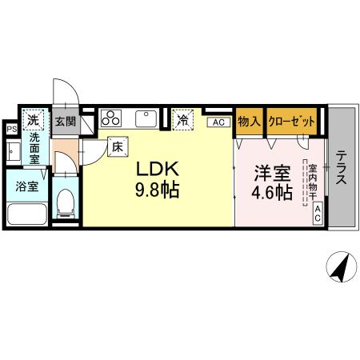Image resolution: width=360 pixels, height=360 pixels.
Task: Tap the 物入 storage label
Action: coord(249,121)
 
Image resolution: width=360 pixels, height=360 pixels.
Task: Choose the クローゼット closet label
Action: coord(290,121)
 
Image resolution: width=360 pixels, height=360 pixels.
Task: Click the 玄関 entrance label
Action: coord(65,122)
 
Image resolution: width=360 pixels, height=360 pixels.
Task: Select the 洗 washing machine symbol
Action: coord(33,120)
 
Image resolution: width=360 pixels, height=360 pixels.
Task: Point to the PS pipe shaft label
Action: coord(11,128)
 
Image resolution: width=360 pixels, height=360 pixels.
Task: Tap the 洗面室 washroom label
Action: coord(35,148)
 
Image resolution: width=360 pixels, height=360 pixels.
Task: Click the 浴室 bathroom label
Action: coord(26,187)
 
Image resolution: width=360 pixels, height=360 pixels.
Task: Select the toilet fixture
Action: coord(66,203)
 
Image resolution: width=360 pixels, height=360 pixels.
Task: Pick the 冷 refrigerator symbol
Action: coord(183,120)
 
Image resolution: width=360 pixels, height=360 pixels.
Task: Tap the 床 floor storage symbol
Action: coord(116,146)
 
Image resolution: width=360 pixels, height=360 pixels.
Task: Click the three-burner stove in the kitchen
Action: coord(111,118)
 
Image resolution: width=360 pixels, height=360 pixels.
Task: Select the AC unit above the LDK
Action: coord(217,122)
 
